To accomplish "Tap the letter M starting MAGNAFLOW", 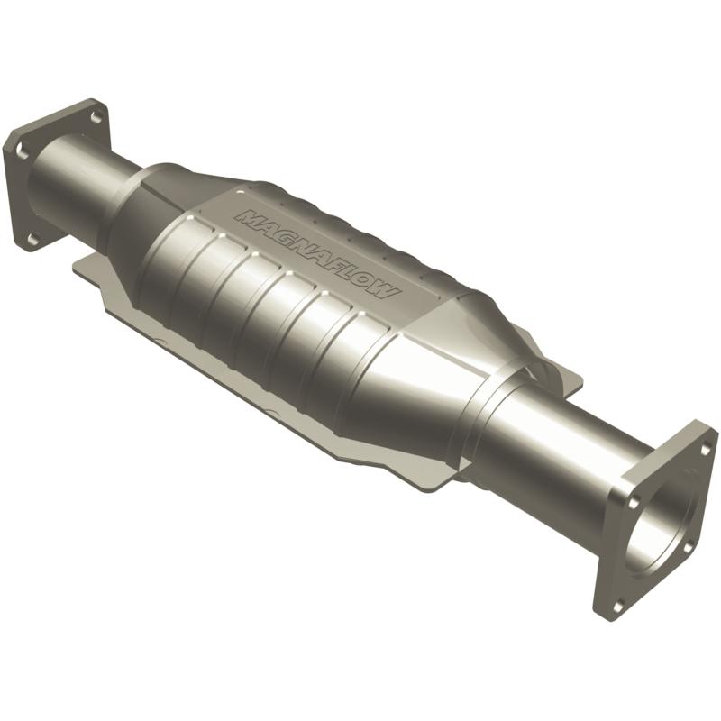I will [x=244, y=217].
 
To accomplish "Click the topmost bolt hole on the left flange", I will [x=94, y=116].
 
